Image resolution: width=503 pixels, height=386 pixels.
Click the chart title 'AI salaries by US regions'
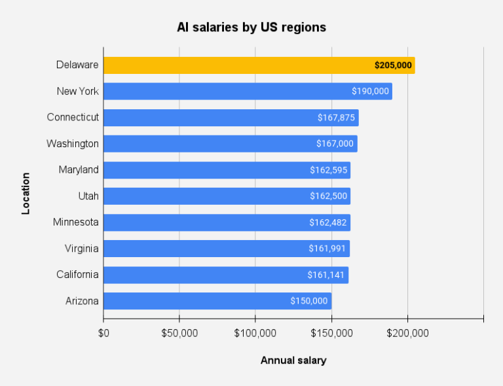pos(251,27)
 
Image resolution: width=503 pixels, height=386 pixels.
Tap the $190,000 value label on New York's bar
pos(370,92)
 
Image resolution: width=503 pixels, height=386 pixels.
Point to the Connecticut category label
pos(73,117)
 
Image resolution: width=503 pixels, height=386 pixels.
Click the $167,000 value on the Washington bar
pos(335,144)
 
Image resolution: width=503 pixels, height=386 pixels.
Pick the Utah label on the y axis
pos(87,196)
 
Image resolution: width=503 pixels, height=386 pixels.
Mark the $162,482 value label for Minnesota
pos(329,222)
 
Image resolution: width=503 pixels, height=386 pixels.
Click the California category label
pos(77,274)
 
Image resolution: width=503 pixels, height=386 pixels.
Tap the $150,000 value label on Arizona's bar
pos(309,301)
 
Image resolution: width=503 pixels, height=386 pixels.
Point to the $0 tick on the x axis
pos(103,334)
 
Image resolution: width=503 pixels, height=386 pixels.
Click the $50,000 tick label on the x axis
pos(179,334)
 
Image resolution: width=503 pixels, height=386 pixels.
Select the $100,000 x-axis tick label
pos(255,334)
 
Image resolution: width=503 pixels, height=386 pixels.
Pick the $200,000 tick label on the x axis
pos(407,334)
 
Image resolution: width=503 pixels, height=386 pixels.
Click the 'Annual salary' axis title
pos(293,360)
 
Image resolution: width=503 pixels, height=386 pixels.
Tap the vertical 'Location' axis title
pos(26,194)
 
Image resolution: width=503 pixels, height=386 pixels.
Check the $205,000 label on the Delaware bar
pos(393,65)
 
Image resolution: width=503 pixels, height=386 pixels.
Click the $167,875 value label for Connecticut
pos(336,118)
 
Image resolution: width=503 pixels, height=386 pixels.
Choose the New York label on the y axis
pos(77,91)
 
